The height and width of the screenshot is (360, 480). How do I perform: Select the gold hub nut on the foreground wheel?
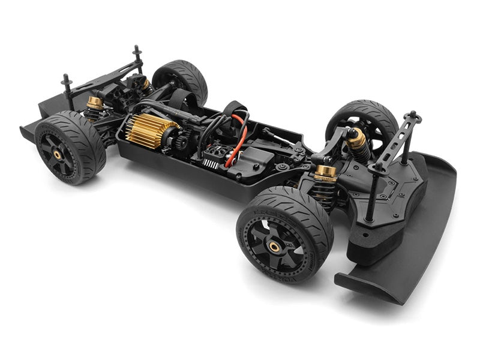click(x=274, y=246)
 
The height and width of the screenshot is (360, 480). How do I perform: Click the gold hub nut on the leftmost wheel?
click(x=57, y=154)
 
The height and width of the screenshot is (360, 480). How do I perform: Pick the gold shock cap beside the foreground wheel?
click(x=326, y=173)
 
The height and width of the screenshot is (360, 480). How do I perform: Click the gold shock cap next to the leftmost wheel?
click(x=95, y=103)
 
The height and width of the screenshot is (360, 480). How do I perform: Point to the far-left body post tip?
click(x=65, y=77)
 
